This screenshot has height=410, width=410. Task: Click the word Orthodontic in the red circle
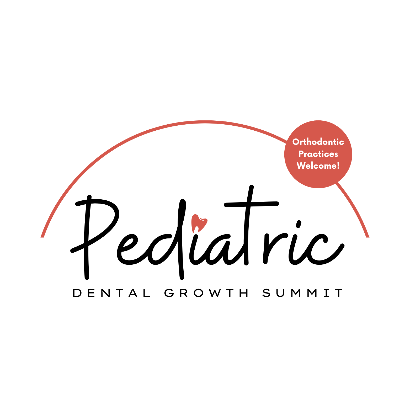(x=318, y=142)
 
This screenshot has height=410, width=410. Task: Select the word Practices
(x=318, y=154)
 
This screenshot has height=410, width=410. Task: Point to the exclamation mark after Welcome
(x=338, y=166)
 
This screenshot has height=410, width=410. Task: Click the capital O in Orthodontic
(x=296, y=142)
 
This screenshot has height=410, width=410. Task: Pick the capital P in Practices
(x=301, y=154)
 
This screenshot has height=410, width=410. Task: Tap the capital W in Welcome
(x=301, y=166)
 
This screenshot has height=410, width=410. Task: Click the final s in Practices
(x=336, y=154)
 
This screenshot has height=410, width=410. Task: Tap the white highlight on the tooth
(x=197, y=228)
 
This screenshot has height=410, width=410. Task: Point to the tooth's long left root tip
(x=193, y=232)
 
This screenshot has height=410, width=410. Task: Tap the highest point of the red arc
(x=205, y=122)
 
